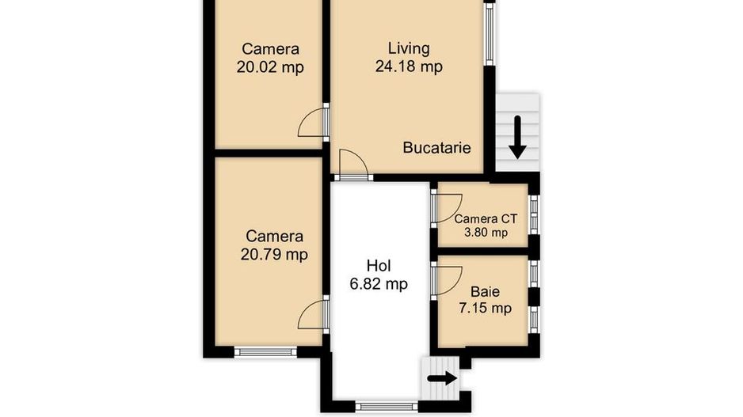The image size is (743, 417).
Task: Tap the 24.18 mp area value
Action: (409, 66)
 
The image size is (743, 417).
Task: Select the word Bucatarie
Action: (436, 147)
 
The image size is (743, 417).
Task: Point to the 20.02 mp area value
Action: (270, 66)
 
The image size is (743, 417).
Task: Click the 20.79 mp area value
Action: (274, 254)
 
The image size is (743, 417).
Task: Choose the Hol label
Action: (379, 265)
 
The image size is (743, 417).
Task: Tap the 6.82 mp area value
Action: (379, 283)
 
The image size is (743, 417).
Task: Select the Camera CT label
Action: (486, 218)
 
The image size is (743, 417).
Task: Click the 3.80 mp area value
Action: (486, 233)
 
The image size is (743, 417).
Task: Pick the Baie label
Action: (484, 291)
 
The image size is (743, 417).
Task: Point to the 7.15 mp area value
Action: (484, 308)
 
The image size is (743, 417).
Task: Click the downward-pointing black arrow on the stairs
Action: (518, 137)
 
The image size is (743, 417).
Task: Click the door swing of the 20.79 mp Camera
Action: (312, 313)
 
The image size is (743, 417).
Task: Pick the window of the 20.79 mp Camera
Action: (265, 351)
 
